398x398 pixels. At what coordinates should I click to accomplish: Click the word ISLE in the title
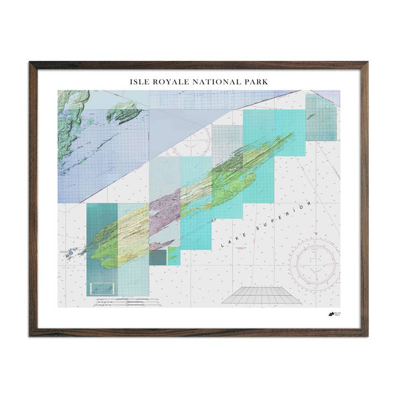pos(138,82)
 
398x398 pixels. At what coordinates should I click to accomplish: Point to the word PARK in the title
pos(255,82)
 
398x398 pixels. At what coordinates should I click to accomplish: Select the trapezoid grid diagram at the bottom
pos(261,295)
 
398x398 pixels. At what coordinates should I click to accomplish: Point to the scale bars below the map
pos(127,302)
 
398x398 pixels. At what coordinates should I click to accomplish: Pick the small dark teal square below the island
pos(158,258)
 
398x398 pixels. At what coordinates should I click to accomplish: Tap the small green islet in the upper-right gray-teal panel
pos(311,117)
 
